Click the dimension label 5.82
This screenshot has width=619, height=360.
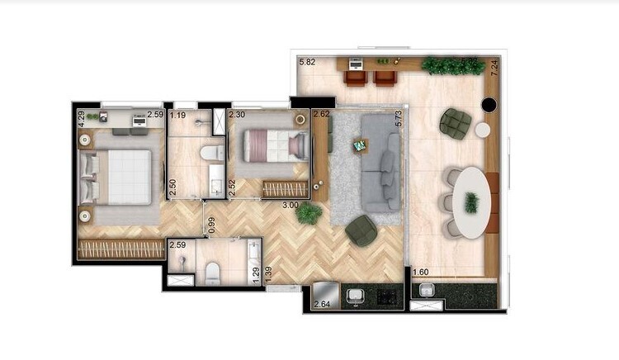[307, 62]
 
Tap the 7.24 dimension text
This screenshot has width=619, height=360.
[494, 69]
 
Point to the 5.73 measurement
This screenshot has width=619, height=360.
[398, 118]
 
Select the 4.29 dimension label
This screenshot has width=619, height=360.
[81, 118]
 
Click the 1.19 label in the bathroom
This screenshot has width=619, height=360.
[177, 115]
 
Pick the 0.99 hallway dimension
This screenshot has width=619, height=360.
[211, 224]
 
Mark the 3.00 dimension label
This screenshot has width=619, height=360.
[290, 204]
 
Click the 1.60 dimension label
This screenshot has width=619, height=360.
[420, 272]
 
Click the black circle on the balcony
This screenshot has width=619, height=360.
[488, 104]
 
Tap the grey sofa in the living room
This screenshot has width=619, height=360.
[382, 163]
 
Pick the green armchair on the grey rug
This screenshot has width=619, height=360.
[361, 230]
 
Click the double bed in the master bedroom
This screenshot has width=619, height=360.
[118, 177]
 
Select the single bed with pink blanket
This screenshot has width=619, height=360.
[275, 146]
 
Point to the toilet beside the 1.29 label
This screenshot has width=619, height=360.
[212, 273]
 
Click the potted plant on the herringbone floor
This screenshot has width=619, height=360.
[309, 213]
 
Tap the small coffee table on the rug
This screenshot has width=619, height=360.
[359, 146]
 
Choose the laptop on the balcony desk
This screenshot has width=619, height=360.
[356, 62]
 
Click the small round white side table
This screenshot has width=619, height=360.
[483, 130]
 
